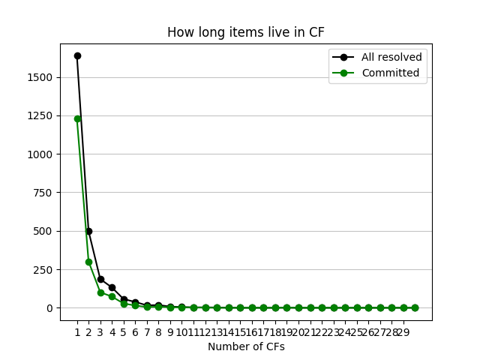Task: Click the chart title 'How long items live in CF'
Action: tap(245, 32)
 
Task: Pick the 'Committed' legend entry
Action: tap(389, 73)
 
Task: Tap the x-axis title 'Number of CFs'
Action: tap(246, 346)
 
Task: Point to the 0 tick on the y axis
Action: tap(50, 308)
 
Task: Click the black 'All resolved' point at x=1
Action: tap(77, 55)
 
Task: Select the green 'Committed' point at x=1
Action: tap(77, 118)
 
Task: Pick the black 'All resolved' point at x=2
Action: tap(88, 231)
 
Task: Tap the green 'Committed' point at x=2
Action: tap(88, 262)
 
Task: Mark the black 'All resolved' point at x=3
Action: tap(100, 279)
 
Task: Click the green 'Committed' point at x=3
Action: tap(100, 292)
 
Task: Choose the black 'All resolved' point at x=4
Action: tap(112, 287)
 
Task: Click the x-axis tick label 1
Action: tap(77, 332)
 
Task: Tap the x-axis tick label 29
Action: tap(403, 332)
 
